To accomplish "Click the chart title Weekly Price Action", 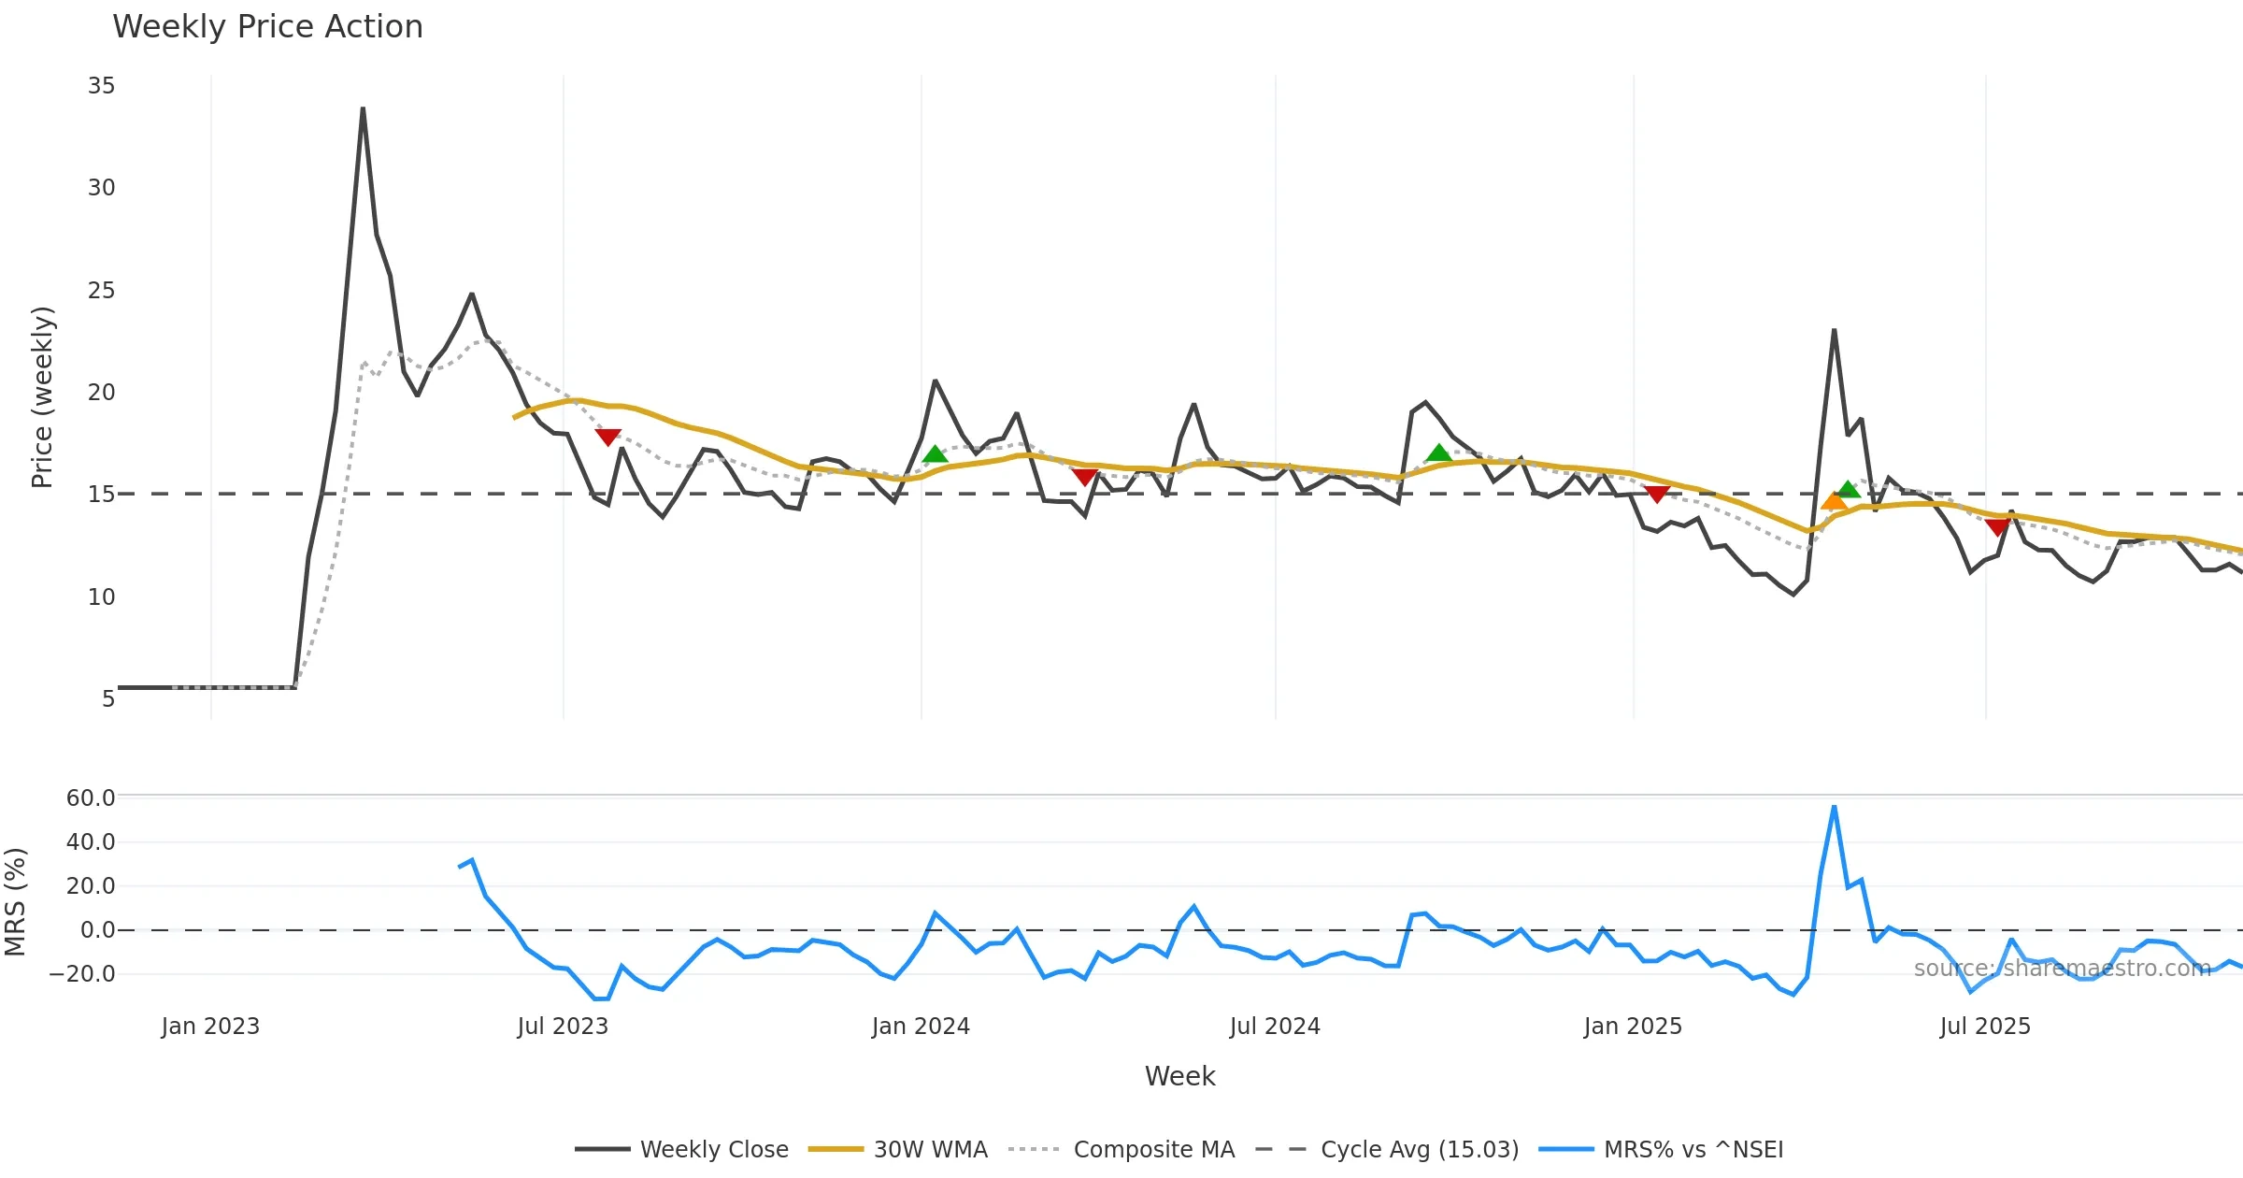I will tap(267, 27).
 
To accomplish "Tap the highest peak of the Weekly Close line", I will tap(363, 109).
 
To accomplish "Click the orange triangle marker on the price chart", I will tap(1834, 501).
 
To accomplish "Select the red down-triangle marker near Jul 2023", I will tap(607, 437).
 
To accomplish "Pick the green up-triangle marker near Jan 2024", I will tap(935, 454).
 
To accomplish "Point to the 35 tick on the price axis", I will tap(101, 86).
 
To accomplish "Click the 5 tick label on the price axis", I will tap(108, 698).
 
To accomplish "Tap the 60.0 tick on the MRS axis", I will tap(91, 797).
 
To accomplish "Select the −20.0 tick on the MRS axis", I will tap(82, 973).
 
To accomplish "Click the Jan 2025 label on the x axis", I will tap(1633, 1026).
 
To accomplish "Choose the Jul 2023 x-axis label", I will tap(563, 1026).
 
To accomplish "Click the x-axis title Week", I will tap(1179, 1076).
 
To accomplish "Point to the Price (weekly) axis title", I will tap(42, 396).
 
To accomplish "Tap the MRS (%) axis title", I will tap(15, 901).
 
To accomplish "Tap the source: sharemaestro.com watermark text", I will tap(2062, 968).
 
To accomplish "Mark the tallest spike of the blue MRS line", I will tap(1834, 807).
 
